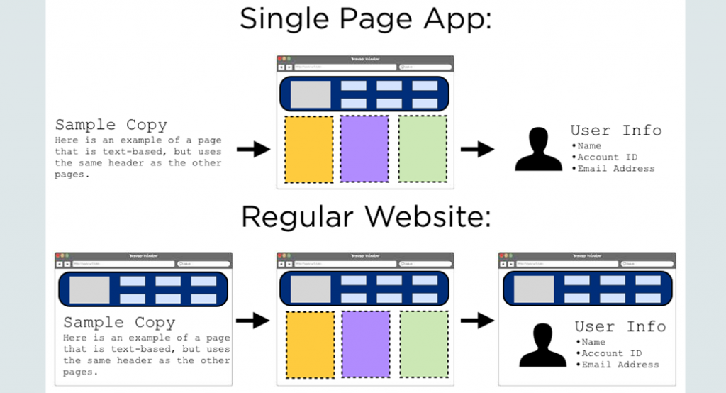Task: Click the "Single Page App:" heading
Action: pos(365,19)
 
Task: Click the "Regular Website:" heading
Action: pos(365,216)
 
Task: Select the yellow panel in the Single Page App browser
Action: pos(309,149)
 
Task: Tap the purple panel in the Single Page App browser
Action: pos(364,149)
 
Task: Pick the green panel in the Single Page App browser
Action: pos(423,149)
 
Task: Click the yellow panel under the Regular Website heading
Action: pos(310,344)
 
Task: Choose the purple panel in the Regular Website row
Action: pos(366,344)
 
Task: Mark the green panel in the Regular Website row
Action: pos(423,344)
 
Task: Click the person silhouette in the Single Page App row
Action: pos(538,150)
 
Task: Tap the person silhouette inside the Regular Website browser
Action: pos(542,345)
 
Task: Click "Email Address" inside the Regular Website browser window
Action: pos(620,365)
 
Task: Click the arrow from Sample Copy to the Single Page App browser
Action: pos(253,149)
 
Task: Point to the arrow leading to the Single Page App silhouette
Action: pos(477,149)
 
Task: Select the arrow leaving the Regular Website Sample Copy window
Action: pos(253,321)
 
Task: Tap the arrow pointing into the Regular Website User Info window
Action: pos(477,321)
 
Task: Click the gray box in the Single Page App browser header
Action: pos(306,94)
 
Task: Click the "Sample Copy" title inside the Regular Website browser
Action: pos(119,323)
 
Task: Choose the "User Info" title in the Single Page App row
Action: pos(615,131)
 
